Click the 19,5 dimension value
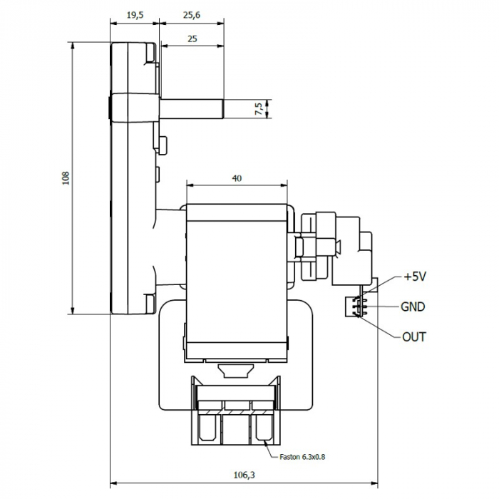coord(133,14)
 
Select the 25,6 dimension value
coord(190,14)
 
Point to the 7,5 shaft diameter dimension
coord(258,108)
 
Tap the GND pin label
coord(413,307)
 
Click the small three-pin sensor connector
coord(352,307)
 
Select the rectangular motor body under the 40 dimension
coord(236,278)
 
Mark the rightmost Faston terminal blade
coord(260,428)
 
